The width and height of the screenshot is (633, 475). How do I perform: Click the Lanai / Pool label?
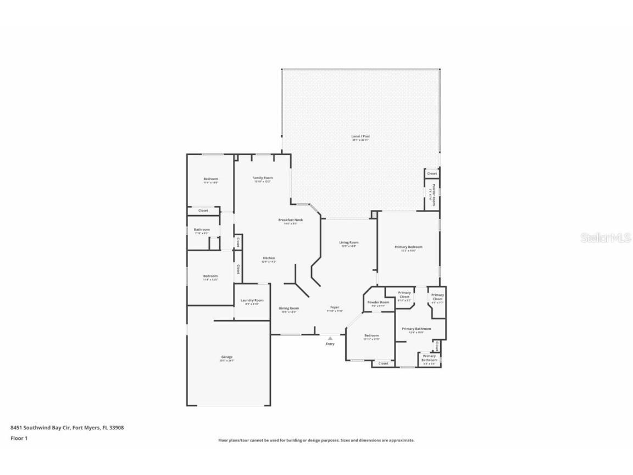tap(360, 136)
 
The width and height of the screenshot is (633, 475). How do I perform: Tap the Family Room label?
tap(263, 178)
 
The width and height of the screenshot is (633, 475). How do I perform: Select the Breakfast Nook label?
tap(290, 220)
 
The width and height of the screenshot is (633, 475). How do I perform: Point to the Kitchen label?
tap(269, 258)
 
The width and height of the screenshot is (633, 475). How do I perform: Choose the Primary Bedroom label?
tap(408, 247)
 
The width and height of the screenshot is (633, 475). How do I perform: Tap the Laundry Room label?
tap(252, 301)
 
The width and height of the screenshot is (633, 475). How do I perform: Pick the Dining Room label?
tap(289, 308)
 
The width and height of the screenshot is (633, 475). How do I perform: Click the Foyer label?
tap(335, 307)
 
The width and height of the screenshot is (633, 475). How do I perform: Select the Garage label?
tap(227, 357)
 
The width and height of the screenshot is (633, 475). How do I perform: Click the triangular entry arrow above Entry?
tap(330, 339)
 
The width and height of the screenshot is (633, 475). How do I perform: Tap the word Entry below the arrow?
tap(330, 344)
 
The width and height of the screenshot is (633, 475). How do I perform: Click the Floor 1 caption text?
tap(19, 438)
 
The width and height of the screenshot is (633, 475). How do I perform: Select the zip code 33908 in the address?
tap(116, 427)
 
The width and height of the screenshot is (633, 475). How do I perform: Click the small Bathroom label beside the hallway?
tap(202, 229)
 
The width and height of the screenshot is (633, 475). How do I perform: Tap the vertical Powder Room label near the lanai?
tap(433, 194)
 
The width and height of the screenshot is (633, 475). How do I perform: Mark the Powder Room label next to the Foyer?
tap(378, 302)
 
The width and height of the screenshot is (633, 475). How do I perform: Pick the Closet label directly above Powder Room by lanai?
tap(432, 174)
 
